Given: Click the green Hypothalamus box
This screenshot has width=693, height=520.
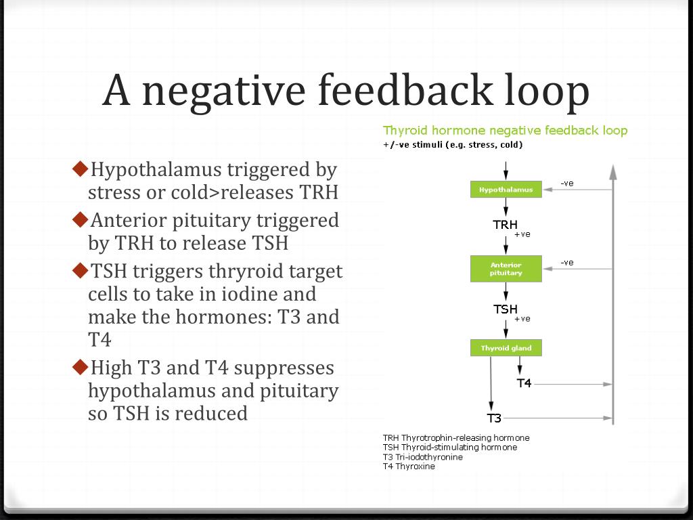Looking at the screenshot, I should [x=506, y=190].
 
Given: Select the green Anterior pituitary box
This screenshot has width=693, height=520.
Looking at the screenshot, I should [x=506, y=269].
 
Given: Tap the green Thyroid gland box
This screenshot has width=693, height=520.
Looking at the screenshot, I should [x=506, y=348].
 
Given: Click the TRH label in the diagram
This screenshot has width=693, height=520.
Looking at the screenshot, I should [x=505, y=225].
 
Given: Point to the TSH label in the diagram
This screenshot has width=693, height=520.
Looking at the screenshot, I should [x=505, y=309].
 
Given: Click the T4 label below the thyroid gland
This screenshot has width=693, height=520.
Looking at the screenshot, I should [x=524, y=383].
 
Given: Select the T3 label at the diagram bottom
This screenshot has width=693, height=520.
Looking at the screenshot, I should [x=494, y=418].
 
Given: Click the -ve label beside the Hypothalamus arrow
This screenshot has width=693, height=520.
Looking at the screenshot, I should [x=567, y=183].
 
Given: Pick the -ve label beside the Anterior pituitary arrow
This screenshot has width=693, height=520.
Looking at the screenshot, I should [x=567, y=263].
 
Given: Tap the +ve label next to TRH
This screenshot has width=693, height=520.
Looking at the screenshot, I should [x=522, y=234].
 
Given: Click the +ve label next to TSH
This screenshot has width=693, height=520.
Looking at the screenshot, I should [x=522, y=319].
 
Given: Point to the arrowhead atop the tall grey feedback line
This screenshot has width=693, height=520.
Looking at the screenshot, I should [x=613, y=170].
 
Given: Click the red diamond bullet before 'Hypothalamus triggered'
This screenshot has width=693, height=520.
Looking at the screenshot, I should [x=80, y=167].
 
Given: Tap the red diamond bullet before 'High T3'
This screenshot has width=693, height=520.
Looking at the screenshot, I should [x=80, y=366].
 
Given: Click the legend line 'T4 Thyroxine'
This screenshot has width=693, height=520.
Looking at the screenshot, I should [x=409, y=467].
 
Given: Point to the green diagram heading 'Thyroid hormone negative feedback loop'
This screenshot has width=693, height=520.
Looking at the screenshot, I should [x=505, y=130].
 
